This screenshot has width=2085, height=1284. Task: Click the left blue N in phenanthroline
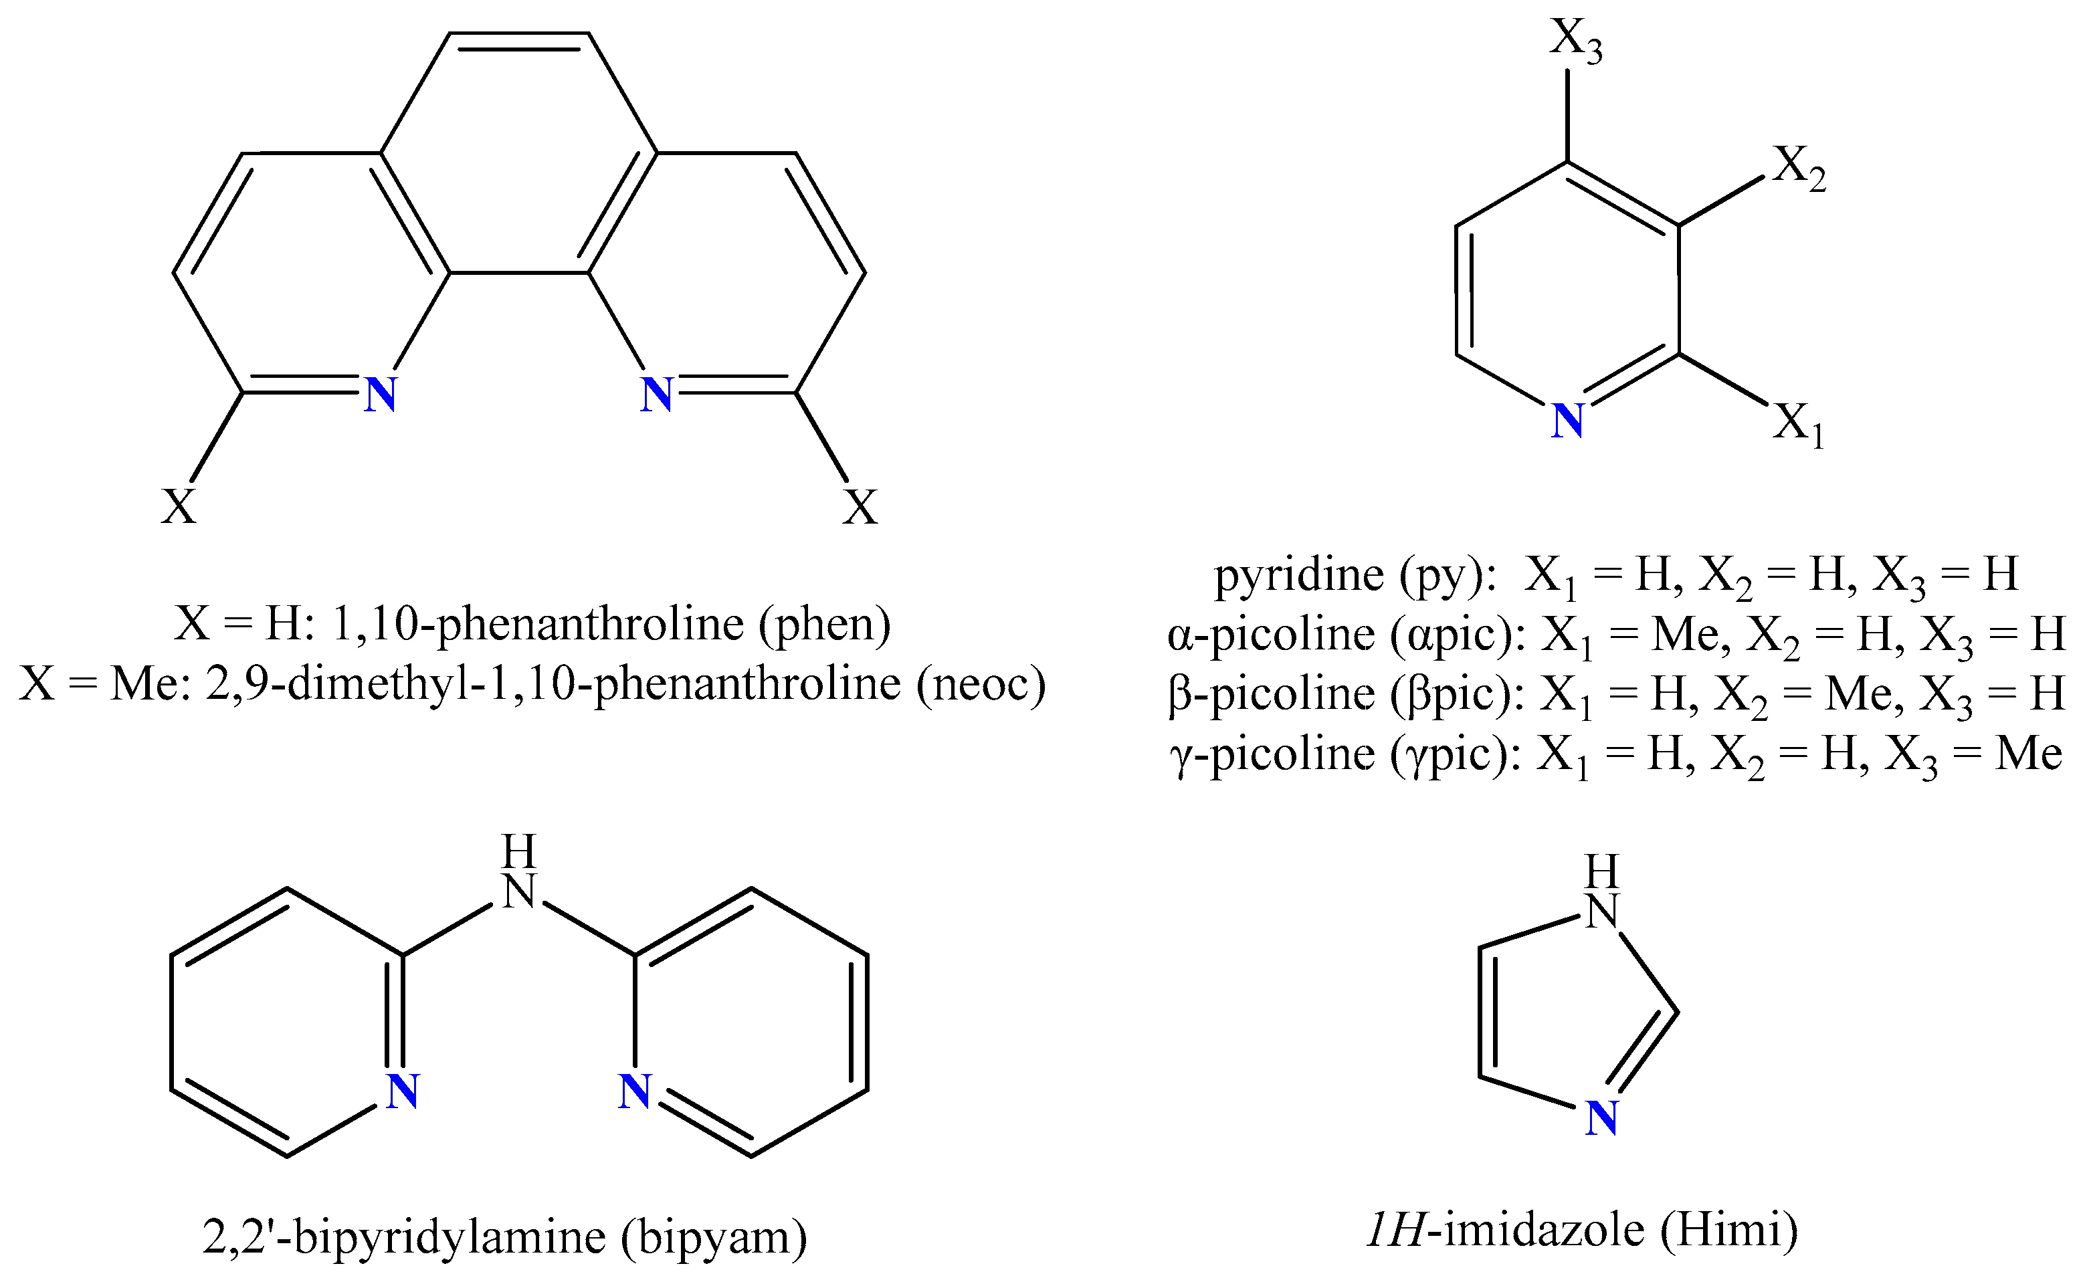click(381, 395)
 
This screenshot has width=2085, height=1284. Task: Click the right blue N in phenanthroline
click(656, 395)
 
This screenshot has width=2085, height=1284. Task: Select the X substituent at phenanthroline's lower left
click(179, 507)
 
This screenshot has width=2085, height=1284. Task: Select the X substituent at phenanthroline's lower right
click(860, 507)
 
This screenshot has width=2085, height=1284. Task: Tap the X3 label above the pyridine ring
click(1575, 40)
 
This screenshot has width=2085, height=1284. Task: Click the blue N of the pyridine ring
click(1567, 421)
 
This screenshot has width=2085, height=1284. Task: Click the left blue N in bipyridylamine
click(403, 1091)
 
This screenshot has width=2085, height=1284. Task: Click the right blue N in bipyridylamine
click(634, 1091)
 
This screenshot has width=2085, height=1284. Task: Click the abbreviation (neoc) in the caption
click(980, 684)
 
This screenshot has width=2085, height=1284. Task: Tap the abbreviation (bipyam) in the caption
click(714, 1237)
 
